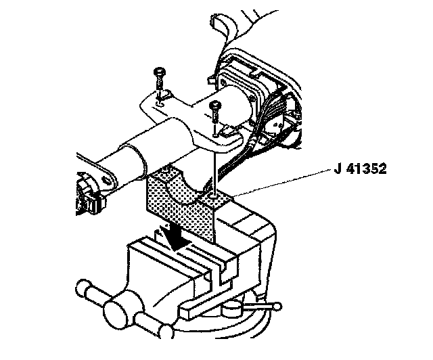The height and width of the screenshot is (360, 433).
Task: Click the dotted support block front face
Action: pos(177,206)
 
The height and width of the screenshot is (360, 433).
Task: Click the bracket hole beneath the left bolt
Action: pos(162,99)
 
